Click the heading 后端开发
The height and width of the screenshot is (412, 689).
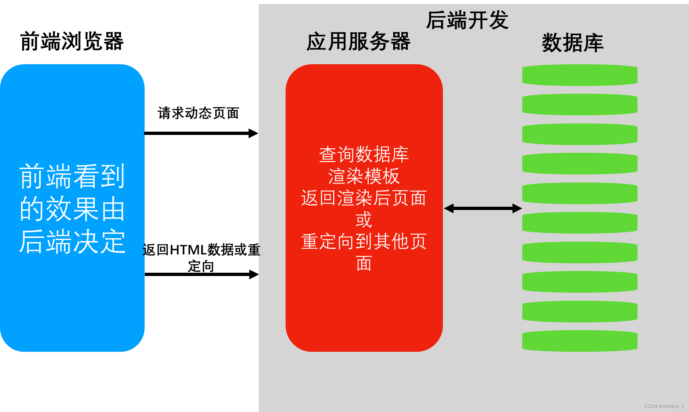pyautogui.click(x=467, y=20)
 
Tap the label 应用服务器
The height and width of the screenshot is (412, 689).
pyautogui.click(x=358, y=41)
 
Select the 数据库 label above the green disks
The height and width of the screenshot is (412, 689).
pyautogui.click(x=572, y=43)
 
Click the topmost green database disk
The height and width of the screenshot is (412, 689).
pyautogui.click(x=580, y=75)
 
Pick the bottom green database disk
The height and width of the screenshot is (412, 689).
pyautogui.click(x=580, y=341)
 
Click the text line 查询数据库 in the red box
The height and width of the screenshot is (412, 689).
pyautogui.click(x=364, y=154)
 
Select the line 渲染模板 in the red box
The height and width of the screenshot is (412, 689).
pyautogui.click(x=364, y=176)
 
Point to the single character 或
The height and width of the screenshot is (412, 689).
pyautogui.click(x=364, y=220)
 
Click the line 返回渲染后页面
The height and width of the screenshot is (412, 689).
pyautogui.click(x=364, y=198)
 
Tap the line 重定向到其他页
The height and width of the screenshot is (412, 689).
pyautogui.click(x=364, y=242)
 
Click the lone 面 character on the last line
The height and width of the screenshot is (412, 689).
pyautogui.click(x=364, y=263)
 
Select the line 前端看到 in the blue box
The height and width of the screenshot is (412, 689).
pyautogui.click(x=72, y=176)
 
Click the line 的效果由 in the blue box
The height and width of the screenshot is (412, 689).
pyautogui.click(x=72, y=209)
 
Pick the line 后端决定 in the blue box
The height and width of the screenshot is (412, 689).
pyautogui.click(x=72, y=242)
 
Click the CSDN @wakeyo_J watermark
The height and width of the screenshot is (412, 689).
pyautogui.click(x=663, y=406)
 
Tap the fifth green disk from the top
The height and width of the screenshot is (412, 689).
pyautogui.click(x=580, y=193)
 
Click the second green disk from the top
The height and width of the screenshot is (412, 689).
pyautogui.click(x=580, y=104)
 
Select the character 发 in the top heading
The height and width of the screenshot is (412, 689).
pyautogui.click(x=499, y=20)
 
